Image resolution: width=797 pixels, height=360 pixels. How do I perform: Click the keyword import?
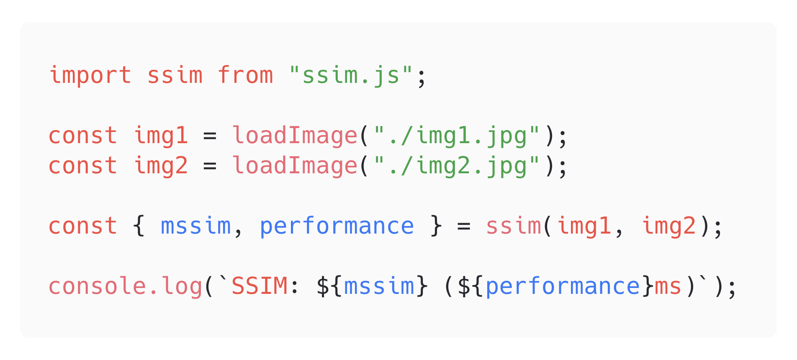pyautogui.click(x=90, y=75)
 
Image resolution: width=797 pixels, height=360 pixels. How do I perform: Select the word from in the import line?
pyautogui.click(x=245, y=75)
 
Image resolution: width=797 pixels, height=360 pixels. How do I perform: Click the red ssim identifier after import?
pyautogui.click(x=175, y=75)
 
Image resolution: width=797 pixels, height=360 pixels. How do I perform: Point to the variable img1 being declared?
pyautogui.click(x=161, y=136)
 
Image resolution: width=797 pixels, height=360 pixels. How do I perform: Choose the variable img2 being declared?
pyautogui.click(x=161, y=166)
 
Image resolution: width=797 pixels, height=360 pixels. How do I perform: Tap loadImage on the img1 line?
pyautogui.click(x=295, y=136)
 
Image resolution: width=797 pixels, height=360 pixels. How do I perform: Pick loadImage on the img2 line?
pyautogui.click(x=295, y=166)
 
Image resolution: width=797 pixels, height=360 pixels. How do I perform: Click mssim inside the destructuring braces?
pyautogui.click(x=196, y=226)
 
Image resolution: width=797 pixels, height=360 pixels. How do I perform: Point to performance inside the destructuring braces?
pyautogui.click(x=337, y=226)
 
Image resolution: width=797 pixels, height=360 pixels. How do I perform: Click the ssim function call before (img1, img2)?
pyautogui.click(x=514, y=226)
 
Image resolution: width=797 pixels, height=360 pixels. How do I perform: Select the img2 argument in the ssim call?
pyautogui.click(x=668, y=226)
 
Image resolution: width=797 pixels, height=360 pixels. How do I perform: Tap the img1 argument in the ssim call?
pyautogui.click(x=584, y=226)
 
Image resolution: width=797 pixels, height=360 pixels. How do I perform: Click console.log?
pyautogui.click(x=126, y=286)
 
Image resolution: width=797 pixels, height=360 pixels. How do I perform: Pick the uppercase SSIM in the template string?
pyautogui.click(x=260, y=286)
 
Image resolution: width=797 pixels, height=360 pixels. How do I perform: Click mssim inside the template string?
pyautogui.click(x=379, y=286)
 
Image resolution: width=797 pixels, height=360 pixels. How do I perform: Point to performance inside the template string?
pyautogui.click(x=563, y=286)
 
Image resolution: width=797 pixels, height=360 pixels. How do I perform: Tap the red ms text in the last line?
pyautogui.click(x=668, y=286)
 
